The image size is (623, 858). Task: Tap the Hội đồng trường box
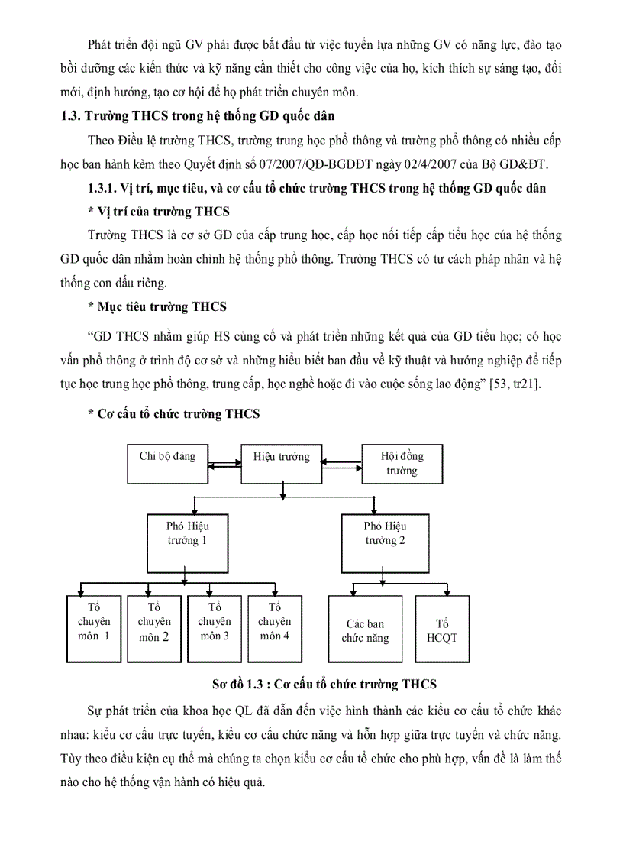click(x=402, y=463)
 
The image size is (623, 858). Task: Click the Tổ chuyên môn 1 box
click(x=93, y=627)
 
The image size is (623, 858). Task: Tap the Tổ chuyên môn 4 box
click(x=275, y=627)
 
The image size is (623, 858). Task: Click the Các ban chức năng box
click(x=365, y=629)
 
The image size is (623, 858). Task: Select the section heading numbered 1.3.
click(x=198, y=116)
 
